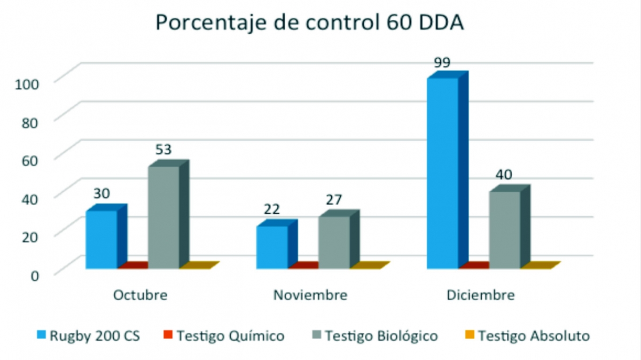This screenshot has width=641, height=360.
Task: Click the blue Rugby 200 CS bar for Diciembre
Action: tap(443, 173)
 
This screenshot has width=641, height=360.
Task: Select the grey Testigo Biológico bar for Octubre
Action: tap(163, 217)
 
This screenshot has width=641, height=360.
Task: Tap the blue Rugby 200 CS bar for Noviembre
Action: tap(272, 247)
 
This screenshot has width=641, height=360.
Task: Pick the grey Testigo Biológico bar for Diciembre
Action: tap(505, 230)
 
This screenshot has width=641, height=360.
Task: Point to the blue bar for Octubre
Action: tap(101, 239)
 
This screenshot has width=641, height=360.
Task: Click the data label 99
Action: tap(442, 62)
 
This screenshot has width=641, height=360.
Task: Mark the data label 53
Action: tap(163, 150)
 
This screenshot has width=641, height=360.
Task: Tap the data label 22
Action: tap(272, 210)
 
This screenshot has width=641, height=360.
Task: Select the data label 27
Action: tap(334, 200)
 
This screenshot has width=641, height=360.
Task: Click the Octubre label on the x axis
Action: tap(140, 295)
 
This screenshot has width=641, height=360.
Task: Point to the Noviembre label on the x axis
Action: tap(310, 295)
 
